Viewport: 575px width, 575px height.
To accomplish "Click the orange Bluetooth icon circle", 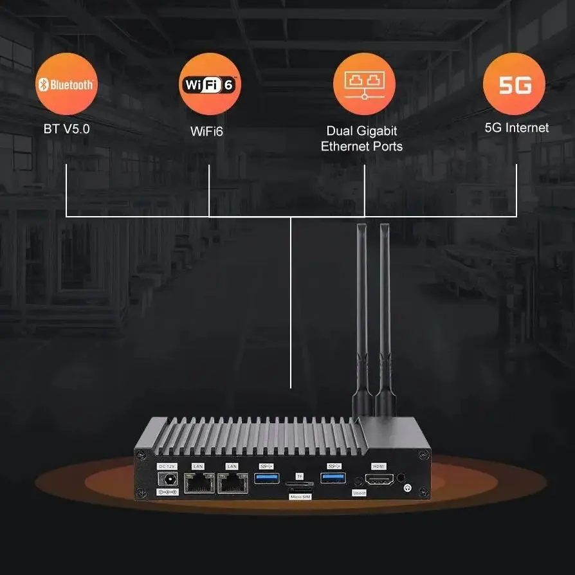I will [67, 84].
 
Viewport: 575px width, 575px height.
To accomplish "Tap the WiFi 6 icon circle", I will [210, 84].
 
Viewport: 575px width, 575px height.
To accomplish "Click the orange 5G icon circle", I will [514, 84].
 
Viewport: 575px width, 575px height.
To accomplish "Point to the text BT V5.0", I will [67, 129].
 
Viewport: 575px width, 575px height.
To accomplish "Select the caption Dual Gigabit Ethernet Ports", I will [362, 138].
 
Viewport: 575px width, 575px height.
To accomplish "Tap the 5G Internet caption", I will [516, 127].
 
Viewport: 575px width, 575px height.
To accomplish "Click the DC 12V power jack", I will [169, 479].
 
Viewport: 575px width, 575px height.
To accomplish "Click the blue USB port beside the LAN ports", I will [266, 479].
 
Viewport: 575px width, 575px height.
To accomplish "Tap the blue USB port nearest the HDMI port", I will [333, 479].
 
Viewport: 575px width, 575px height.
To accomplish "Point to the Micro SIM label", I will [299, 497].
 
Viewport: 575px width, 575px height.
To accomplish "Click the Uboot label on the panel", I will [359, 493].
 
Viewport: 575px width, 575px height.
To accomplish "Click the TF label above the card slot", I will [299, 476].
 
